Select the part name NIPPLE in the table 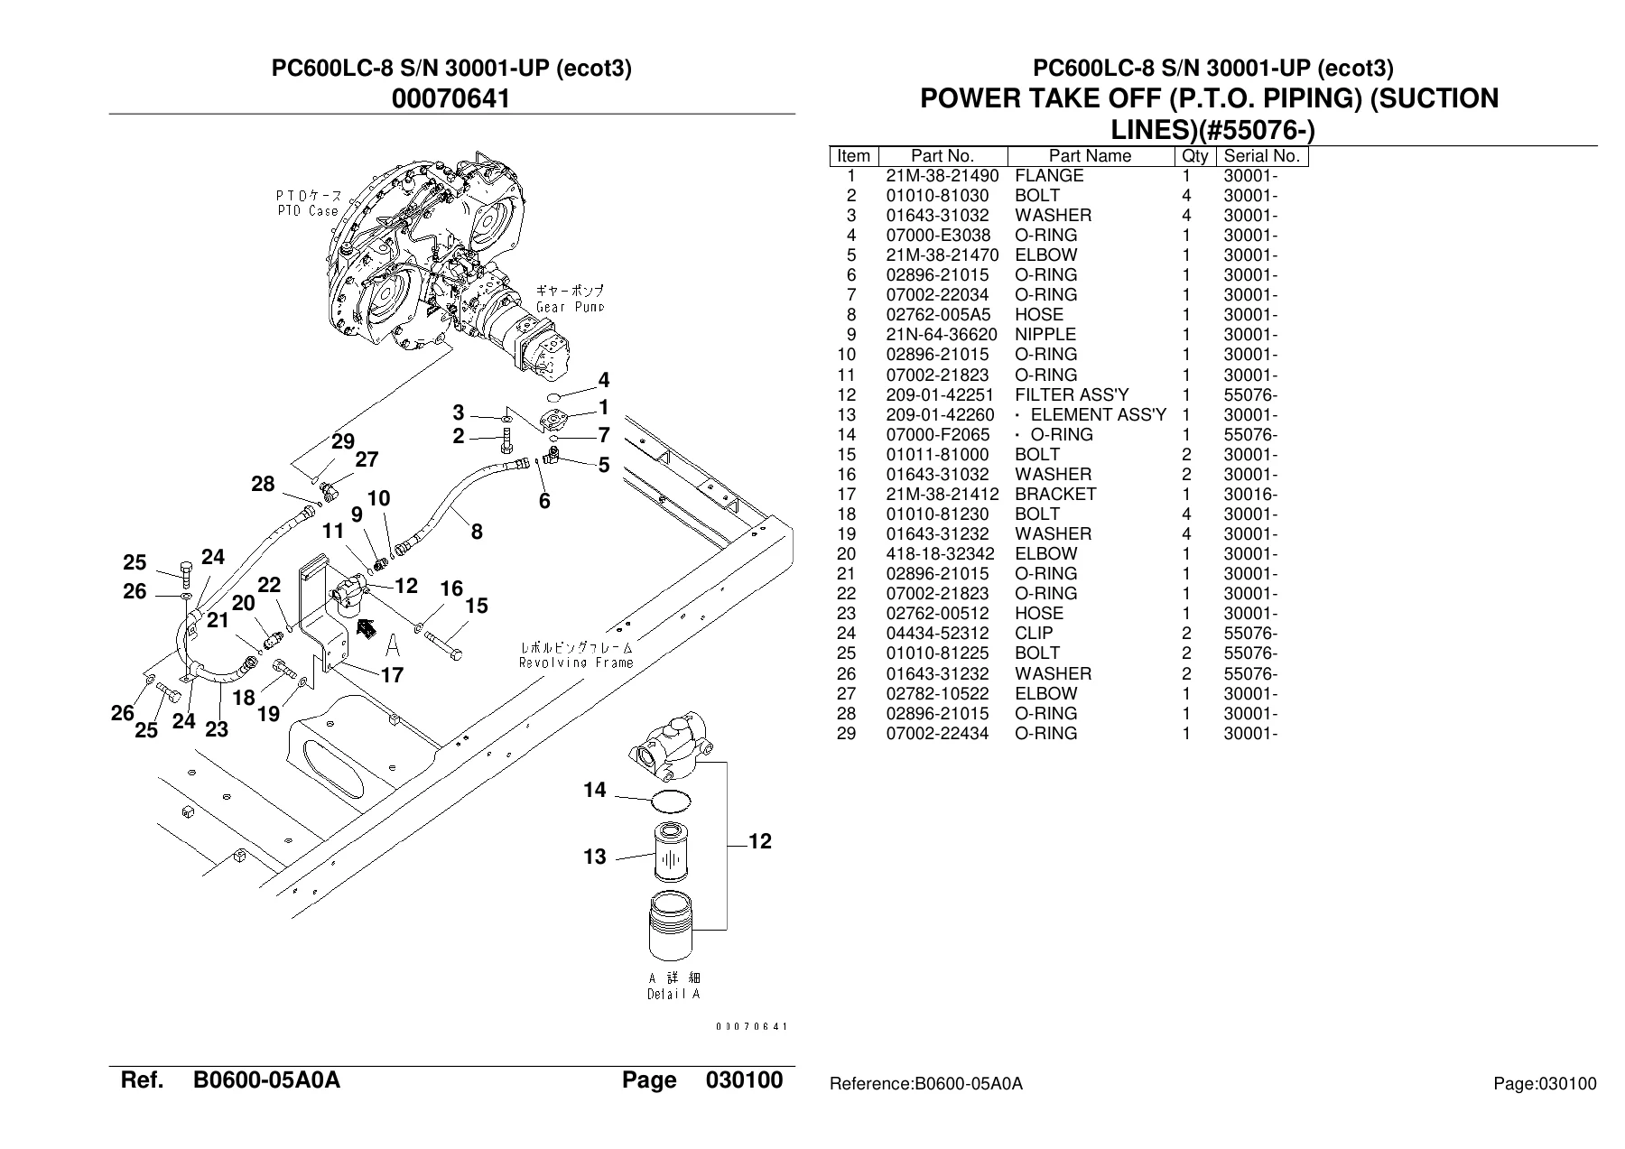[1045, 335]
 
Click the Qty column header [1194, 155]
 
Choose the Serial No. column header [1261, 155]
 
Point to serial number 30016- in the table [1250, 494]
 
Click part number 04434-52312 [937, 634]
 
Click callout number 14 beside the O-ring [594, 791]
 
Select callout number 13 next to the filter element [594, 857]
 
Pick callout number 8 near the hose [477, 533]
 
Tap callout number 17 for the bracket [392, 675]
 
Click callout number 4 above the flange [603, 379]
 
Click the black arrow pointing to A [366, 626]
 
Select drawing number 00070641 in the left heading [451, 97]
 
